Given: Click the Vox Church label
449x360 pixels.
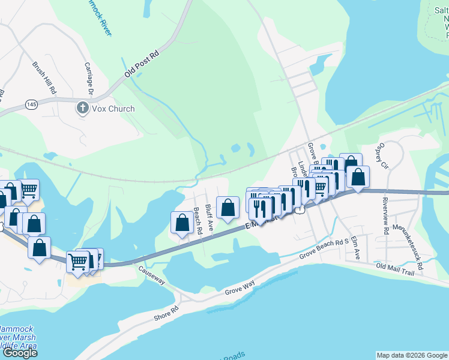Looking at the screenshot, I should point(113,109).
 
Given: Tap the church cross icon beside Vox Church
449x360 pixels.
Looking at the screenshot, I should point(82,109).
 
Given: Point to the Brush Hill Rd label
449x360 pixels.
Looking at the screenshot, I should point(44,77).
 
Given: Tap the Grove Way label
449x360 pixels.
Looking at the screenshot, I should point(240,287).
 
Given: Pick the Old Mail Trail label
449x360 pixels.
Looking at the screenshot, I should point(395,269).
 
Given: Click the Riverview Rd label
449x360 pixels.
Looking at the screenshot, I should point(385,211).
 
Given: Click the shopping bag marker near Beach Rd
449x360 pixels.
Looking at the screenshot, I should point(182,222).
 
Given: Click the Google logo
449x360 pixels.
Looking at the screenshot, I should point(20,352).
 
